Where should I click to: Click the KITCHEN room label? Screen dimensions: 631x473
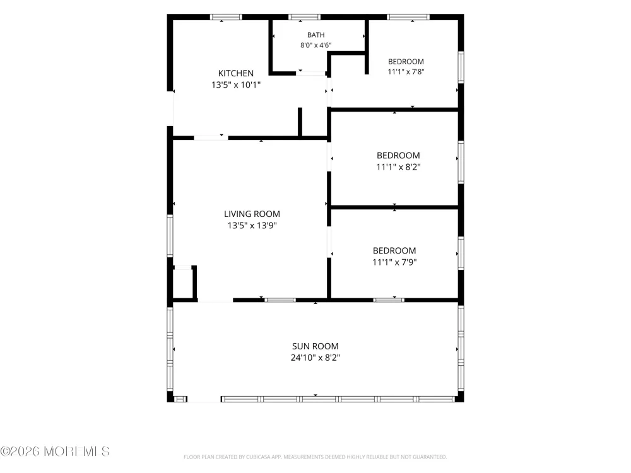pyautogui.click(x=236, y=73)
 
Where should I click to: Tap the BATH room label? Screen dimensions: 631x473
pyautogui.click(x=316, y=35)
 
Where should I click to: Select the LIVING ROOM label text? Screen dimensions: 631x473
pyautogui.click(x=252, y=214)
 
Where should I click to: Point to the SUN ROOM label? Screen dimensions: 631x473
pyautogui.click(x=315, y=346)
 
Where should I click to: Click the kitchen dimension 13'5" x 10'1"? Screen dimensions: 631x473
pyautogui.click(x=236, y=85)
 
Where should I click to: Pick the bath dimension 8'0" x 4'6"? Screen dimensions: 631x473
pyautogui.click(x=316, y=45)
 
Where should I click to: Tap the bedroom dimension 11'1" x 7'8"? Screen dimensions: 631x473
pyautogui.click(x=406, y=72)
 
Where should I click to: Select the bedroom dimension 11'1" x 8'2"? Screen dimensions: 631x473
pyautogui.click(x=398, y=167)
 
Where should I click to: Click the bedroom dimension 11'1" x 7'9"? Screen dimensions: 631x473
pyautogui.click(x=394, y=262)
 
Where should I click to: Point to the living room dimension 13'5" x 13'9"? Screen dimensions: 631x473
pyautogui.click(x=252, y=225)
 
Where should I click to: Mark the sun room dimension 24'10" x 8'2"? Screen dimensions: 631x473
pyautogui.click(x=315, y=358)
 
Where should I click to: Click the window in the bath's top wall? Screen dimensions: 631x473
pyautogui.click(x=304, y=17)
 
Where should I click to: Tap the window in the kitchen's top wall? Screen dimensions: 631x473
pyautogui.click(x=226, y=17)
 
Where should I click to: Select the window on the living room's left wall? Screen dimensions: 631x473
pyautogui.click(x=170, y=236)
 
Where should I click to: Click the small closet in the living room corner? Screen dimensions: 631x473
pyautogui.click(x=183, y=283)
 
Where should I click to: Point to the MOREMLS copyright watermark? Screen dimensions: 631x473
pyautogui.click(x=55, y=452)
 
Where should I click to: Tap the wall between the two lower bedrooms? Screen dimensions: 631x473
pyautogui.click(x=394, y=207)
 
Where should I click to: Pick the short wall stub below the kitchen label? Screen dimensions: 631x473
pyautogui.click(x=300, y=122)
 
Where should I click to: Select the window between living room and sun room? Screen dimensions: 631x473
pyautogui.click(x=280, y=300)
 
